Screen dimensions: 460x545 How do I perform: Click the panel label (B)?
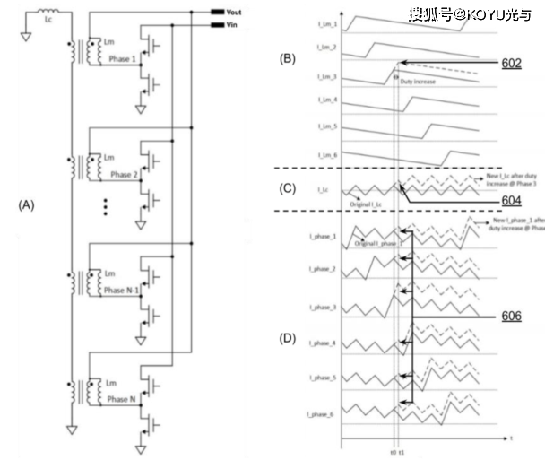pos(287,58)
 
